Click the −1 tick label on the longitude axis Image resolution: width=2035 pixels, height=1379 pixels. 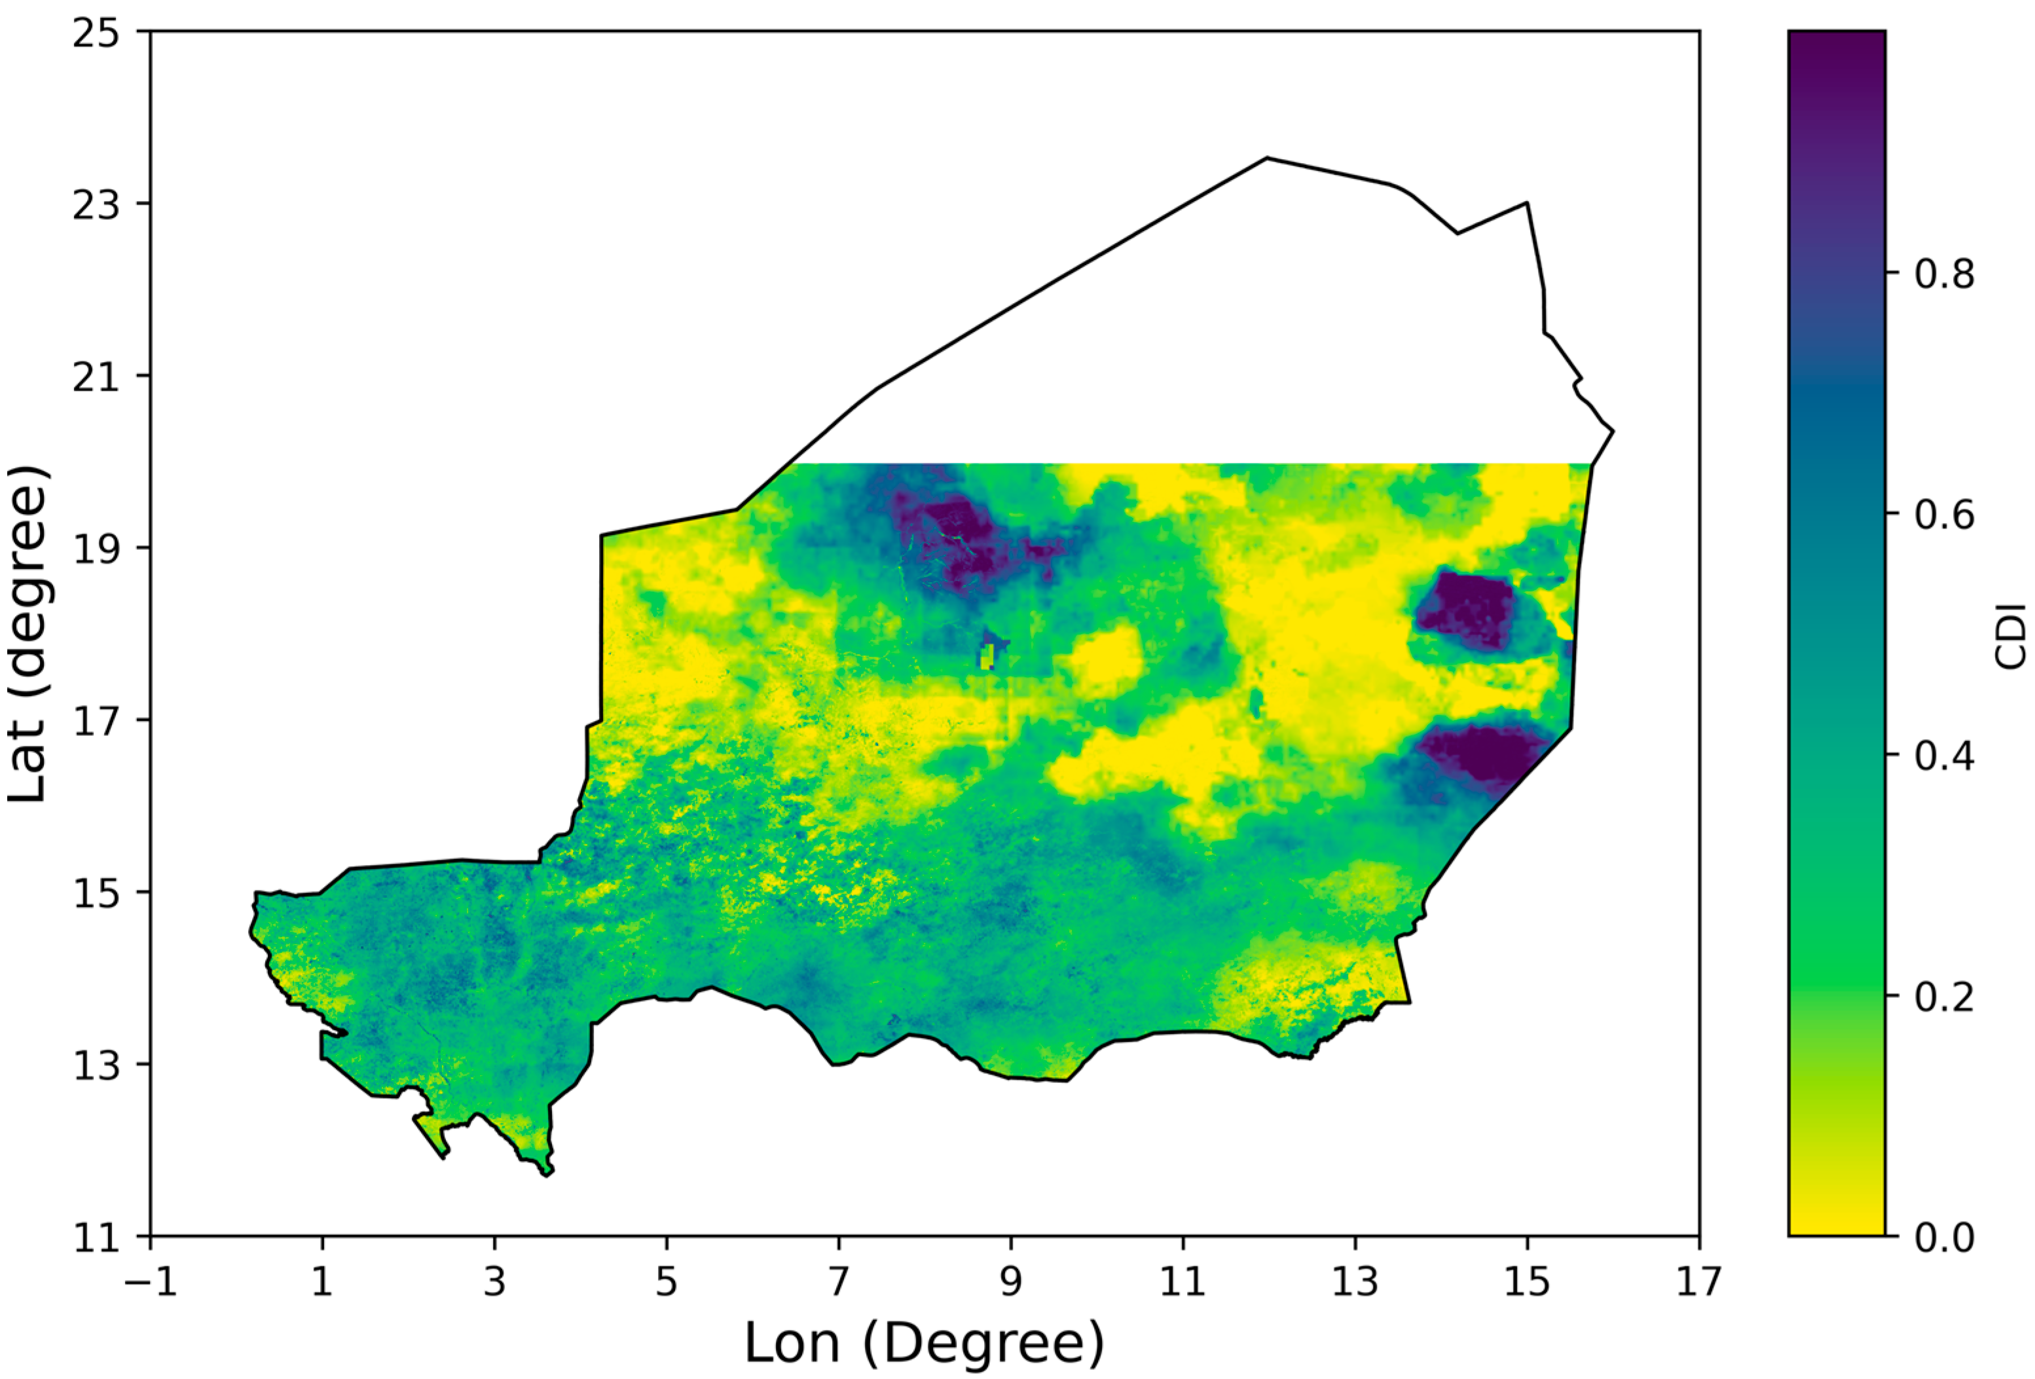(x=151, y=1283)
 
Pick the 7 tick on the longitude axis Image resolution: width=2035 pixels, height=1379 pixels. (x=839, y=1283)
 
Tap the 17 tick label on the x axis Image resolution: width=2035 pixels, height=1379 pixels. (x=1698, y=1283)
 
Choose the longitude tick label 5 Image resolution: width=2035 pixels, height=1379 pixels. (x=667, y=1283)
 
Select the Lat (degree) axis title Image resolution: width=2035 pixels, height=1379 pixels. (x=28, y=634)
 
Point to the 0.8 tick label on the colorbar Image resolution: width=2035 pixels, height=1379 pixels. (x=1944, y=275)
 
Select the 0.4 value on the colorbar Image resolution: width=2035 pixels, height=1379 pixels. (x=1944, y=756)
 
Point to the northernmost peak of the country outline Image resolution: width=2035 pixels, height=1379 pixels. (x=1266, y=158)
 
